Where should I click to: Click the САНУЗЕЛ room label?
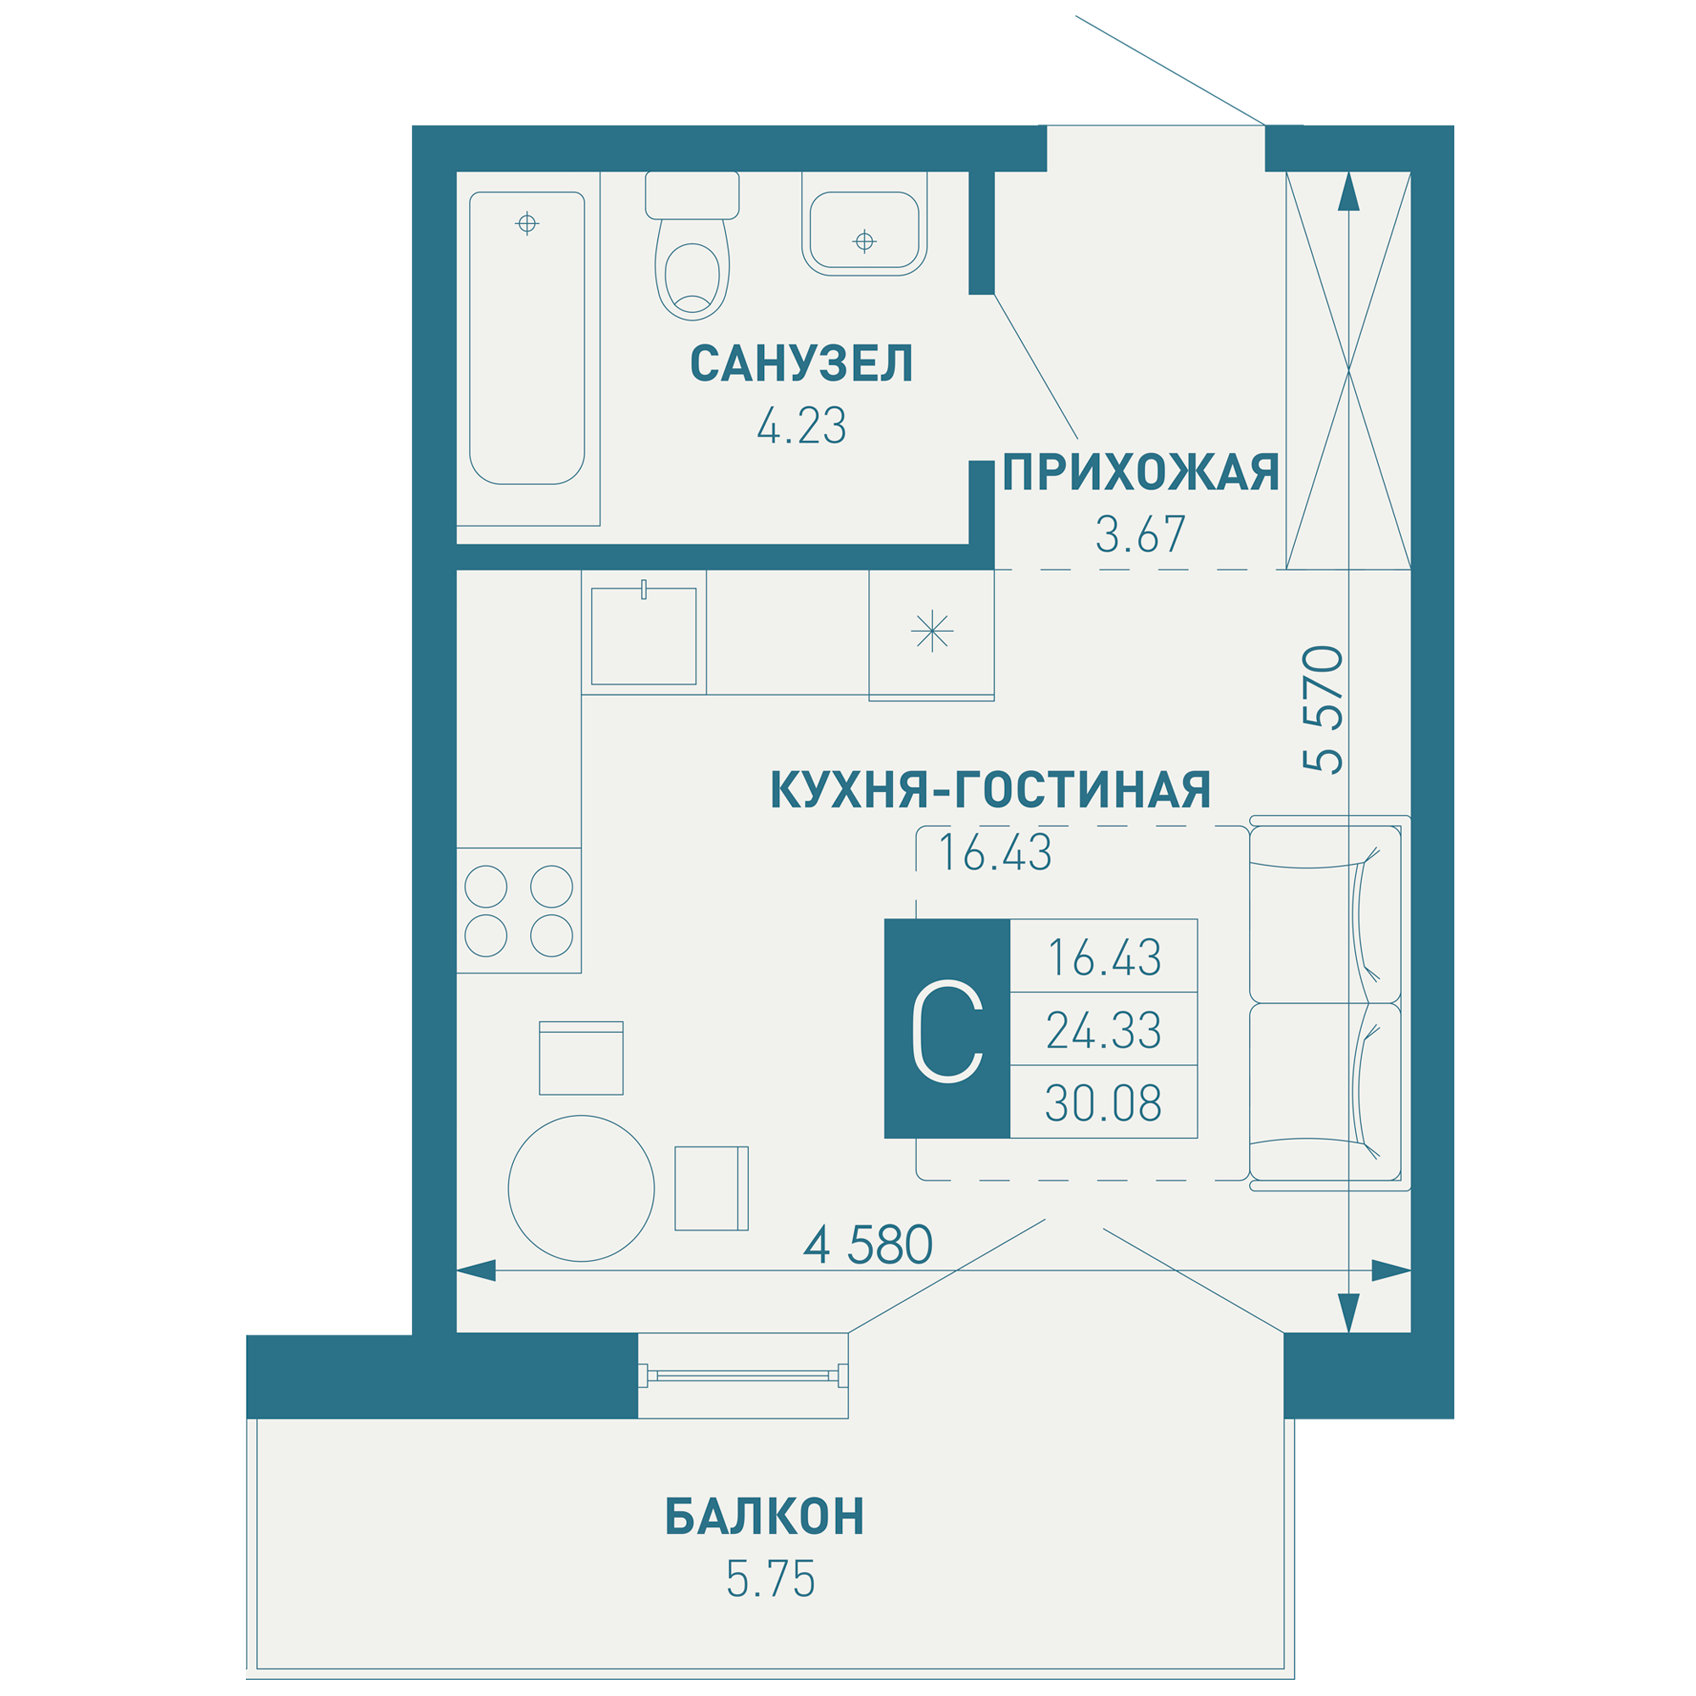pyautogui.click(x=801, y=364)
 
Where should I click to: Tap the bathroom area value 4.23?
pyautogui.click(x=801, y=427)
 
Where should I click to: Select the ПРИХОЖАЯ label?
pyautogui.click(x=1141, y=473)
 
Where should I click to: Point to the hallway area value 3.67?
pyautogui.click(x=1140, y=534)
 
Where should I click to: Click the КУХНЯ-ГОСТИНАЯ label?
pyautogui.click(x=990, y=789)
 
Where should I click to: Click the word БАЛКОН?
pyautogui.click(x=765, y=1516)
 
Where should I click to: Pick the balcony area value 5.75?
pyautogui.click(x=770, y=1579)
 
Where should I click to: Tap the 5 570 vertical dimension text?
pyautogui.click(x=1324, y=709)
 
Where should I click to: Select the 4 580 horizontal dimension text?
pyautogui.click(x=868, y=1245)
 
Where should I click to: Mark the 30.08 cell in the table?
pyautogui.click(x=1103, y=1103)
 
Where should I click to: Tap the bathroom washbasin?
pyautogui.click(x=864, y=231)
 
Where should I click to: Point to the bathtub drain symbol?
pyautogui.click(x=527, y=223)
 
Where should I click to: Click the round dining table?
pyautogui.click(x=581, y=1189)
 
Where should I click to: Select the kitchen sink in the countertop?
pyautogui.click(x=644, y=637)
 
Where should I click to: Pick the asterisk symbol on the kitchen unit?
pyautogui.click(x=931, y=631)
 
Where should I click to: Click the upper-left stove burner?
pyautogui.click(x=485, y=887)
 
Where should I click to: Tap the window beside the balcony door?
pyautogui.click(x=743, y=1375)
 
